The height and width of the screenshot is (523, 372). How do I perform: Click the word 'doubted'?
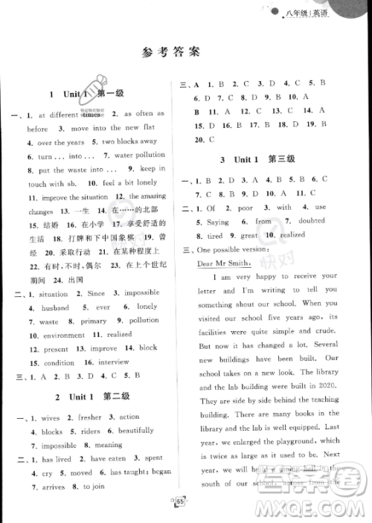[x=310, y=221]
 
